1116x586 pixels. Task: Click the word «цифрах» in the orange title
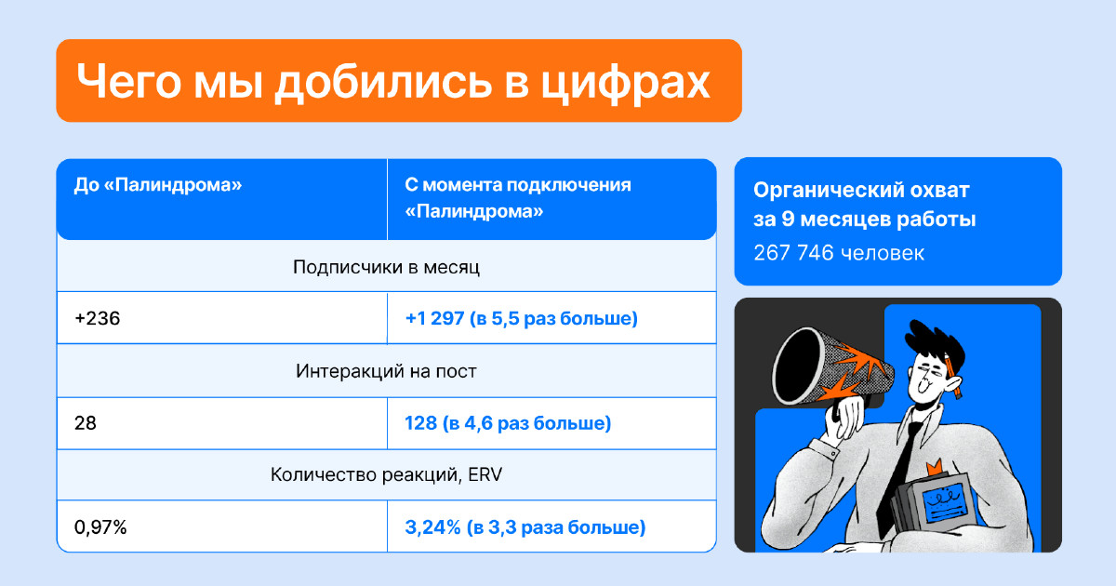[626, 82]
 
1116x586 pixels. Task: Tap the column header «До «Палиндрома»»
[158, 185]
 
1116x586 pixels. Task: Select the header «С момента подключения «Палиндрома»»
[518, 198]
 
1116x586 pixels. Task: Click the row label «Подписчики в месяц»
[386, 267]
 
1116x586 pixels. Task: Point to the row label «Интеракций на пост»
[386, 371]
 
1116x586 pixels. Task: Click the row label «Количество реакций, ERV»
[386, 474]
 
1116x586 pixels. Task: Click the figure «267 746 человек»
[839, 253]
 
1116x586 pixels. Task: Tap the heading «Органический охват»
[861, 190]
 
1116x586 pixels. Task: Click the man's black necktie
[901, 473]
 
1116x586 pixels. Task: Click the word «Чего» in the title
[128, 81]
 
